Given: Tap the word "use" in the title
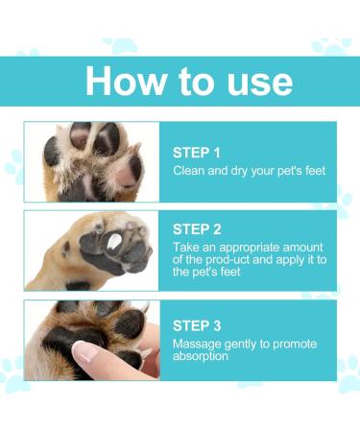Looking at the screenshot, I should [x=253, y=81].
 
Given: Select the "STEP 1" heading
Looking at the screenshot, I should [x=197, y=153].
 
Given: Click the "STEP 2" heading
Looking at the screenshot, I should [x=197, y=229].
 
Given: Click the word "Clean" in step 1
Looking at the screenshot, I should [x=189, y=171].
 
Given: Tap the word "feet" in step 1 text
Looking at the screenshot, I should [x=312, y=171].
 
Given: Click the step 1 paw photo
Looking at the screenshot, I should [x=92, y=161].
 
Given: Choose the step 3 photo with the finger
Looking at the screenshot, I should [x=92, y=340].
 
